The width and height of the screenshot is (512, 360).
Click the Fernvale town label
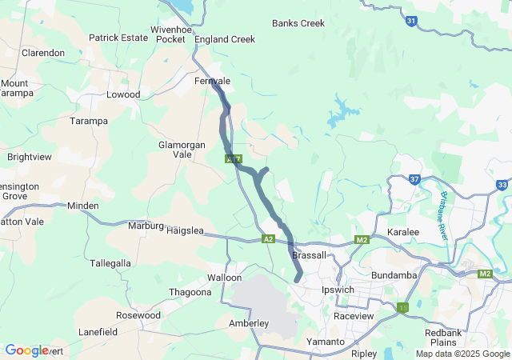pyautogui.click(x=212, y=82)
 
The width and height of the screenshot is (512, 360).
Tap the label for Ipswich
pyautogui.click(x=337, y=290)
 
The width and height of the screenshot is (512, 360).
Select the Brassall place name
pyautogui.click(x=310, y=255)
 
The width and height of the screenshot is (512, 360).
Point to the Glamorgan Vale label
pyautogui.click(x=182, y=150)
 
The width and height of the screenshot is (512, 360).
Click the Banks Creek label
pyautogui.click(x=298, y=23)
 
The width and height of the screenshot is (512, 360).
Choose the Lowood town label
pyautogui.click(x=123, y=94)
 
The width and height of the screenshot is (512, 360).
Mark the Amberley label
pyautogui.click(x=249, y=323)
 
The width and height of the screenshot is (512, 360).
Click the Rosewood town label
pyautogui.click(x=138, y=315)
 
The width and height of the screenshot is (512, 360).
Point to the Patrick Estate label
pyautogui.click(x=118, y=38)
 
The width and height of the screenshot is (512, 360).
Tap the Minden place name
pyautogui.click(x=83, y=206)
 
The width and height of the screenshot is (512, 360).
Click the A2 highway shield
pyautogui.click(x=268, y=239)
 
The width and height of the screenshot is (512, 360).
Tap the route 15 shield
pyautogui.click(x=402, y=307)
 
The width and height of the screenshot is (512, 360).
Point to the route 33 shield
pyautogui.click(x=502, y=185)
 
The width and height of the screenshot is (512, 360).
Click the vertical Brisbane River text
pyautogui.click(x=443, y=216)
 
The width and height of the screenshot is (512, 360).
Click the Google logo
pyautogui.click(x=26, y=350)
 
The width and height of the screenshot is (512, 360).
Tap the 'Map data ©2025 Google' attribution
pyautogui.click(x=462, y=354)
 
